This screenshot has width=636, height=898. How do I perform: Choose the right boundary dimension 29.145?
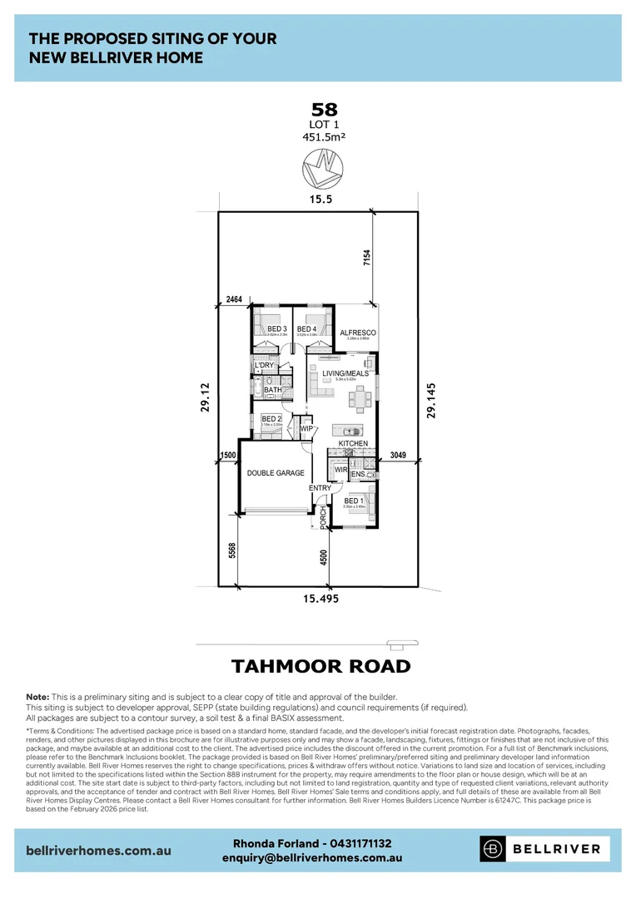pyautogui.click(x=430, y=400)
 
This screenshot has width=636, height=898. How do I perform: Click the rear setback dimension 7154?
pyautogui.click(x=365, y=257)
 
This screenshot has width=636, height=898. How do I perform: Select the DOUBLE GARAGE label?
pyautogui.click(x=275, y=473)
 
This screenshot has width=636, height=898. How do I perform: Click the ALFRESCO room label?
pyautogui.click(x=358, y=333)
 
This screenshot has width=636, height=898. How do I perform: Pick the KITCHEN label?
pyautogui.click(x=353, y=444)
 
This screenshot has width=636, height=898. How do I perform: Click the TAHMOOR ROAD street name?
pyautogui.click(x=320, y=666)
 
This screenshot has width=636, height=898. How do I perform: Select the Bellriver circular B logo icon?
pyautogui.click(x=494, y=848)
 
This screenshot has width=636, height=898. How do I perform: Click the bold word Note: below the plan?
pyautogui.click(x=37, y=697)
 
